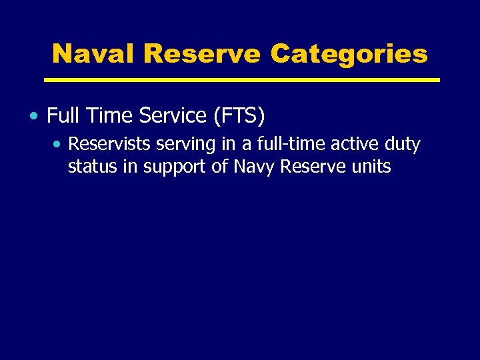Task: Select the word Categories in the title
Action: click(349, 53)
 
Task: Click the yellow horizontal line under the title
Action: click(241, 80)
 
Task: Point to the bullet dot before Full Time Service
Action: click(33, 117)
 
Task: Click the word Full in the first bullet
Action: click(62, 116)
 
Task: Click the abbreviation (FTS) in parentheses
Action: click(239, 117)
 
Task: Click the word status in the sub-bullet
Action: click(93, 167)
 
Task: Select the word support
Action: click(173, 167)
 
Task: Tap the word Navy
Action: click(254, 167)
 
